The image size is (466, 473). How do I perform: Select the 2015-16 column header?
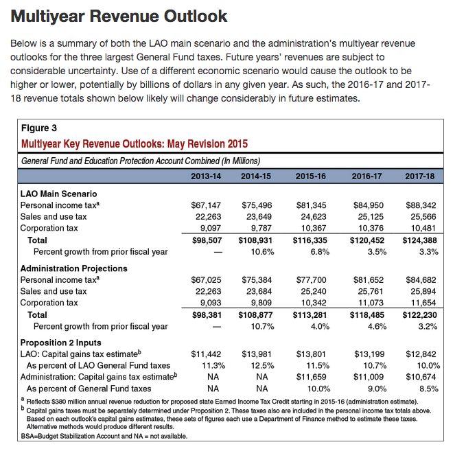tap(310, 176)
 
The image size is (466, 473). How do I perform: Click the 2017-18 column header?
tap(420, 176)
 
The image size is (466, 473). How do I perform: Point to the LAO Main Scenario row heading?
tap(58, 194)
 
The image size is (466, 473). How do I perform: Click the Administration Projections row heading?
tap(73, 268)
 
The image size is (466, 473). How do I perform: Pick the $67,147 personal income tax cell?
tap(205, 205)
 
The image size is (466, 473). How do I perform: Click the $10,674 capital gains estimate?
tap(421, 377)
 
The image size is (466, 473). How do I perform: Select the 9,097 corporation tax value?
tap(208, 229)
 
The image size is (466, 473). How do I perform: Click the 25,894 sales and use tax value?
tap(423, 291)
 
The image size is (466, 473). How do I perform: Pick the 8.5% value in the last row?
tap(428, 389)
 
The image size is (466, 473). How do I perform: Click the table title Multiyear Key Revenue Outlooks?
tap(135, 144)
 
